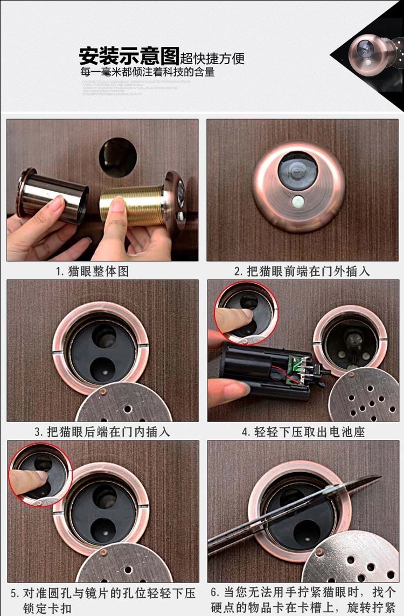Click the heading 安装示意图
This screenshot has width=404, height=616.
(x=129, y=55)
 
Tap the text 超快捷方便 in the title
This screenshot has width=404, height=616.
(x=212, y=58)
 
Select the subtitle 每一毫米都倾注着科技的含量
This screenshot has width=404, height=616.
(x=148, y=72)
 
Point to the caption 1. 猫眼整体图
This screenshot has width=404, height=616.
(x=92, y=271)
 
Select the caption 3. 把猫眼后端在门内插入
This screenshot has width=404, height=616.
(x=102, y=432)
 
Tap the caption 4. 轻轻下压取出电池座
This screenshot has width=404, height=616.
(x=303, y=432)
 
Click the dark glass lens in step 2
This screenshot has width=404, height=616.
(x=297, y=170)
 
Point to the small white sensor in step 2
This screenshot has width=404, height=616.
(x=298, y=203)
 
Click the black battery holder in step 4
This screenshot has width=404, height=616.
(x=253, y=372)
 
